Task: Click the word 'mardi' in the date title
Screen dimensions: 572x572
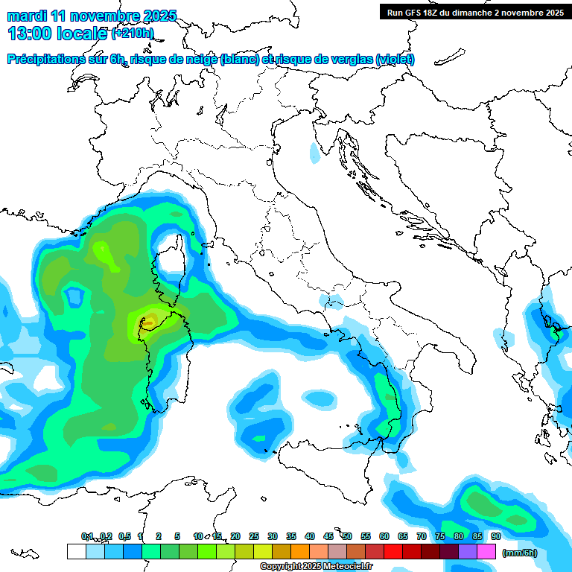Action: click(x=25, y=16)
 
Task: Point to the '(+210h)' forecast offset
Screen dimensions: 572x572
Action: click(x=133, y=34)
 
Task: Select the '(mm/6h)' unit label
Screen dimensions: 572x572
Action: click(x=519, y=553)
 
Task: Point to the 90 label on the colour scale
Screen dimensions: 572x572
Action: click(x=496, y=537)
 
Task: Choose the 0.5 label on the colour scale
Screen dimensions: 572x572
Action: click(x=124, y=537)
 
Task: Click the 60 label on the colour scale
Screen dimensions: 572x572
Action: click(x=384, y=537)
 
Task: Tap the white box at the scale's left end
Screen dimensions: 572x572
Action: click(x=76, y=552)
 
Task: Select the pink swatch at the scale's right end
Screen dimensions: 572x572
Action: click(x=486, y=552)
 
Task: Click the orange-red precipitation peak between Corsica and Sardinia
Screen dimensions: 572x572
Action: click(x=150, y=321)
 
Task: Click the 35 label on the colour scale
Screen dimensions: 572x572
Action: click(x=291, y=537)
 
